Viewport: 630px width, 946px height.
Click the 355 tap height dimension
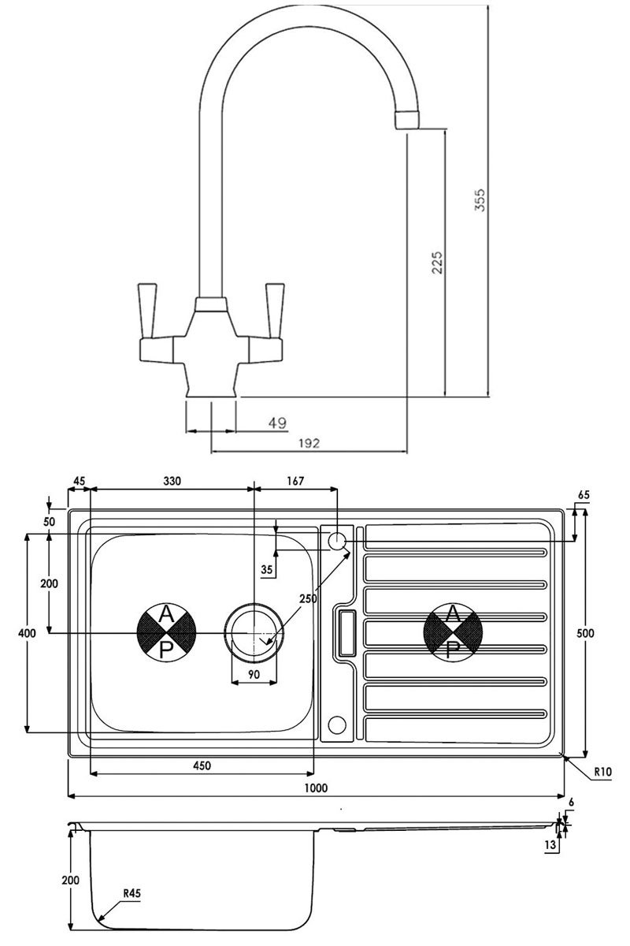[x=480, y=199]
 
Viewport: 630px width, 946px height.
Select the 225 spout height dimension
[x=438, y=263]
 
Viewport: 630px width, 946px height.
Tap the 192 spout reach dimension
[x=309, y=443]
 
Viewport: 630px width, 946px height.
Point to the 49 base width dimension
[x=278, y=423]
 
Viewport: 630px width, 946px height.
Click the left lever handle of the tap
[x=147, y=311]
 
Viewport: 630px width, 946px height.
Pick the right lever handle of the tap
[x=275, y=311]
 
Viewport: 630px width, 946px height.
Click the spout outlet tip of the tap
[x=408, y=121]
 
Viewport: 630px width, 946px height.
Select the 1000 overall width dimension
[x=316, y=788]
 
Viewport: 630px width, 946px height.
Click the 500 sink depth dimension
[x=585, y=633]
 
